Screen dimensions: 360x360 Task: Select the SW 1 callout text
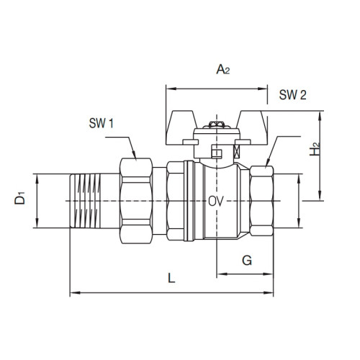tap(102, 123)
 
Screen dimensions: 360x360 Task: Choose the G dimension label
tap(246, 260)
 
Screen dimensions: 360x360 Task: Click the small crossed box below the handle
tap(235, 153)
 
